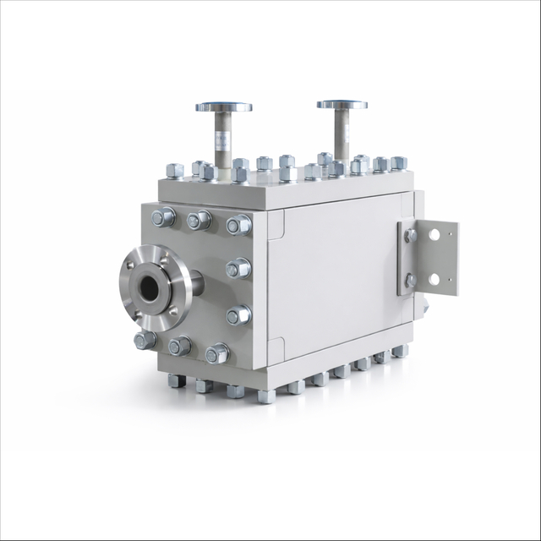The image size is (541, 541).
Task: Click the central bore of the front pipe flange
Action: click(152, 288)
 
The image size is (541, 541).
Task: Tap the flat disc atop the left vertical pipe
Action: click(223, 107)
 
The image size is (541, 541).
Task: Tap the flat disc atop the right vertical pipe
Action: click(342, 105)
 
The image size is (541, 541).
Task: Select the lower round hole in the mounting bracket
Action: click(434, 278)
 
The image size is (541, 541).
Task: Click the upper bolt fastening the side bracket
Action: click(411, 236)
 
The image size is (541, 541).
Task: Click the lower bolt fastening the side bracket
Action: click(411, 280)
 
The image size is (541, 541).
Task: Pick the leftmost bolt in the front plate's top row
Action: click(161, 217)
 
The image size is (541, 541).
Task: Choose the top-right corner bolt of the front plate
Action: click(238, 225)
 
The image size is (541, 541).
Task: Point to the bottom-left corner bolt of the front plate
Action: click(145, 340)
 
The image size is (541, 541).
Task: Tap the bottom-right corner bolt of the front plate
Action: click(217, 353)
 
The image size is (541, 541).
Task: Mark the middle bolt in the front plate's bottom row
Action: click(179, 346)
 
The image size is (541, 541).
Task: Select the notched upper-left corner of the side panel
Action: click(276, 221)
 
